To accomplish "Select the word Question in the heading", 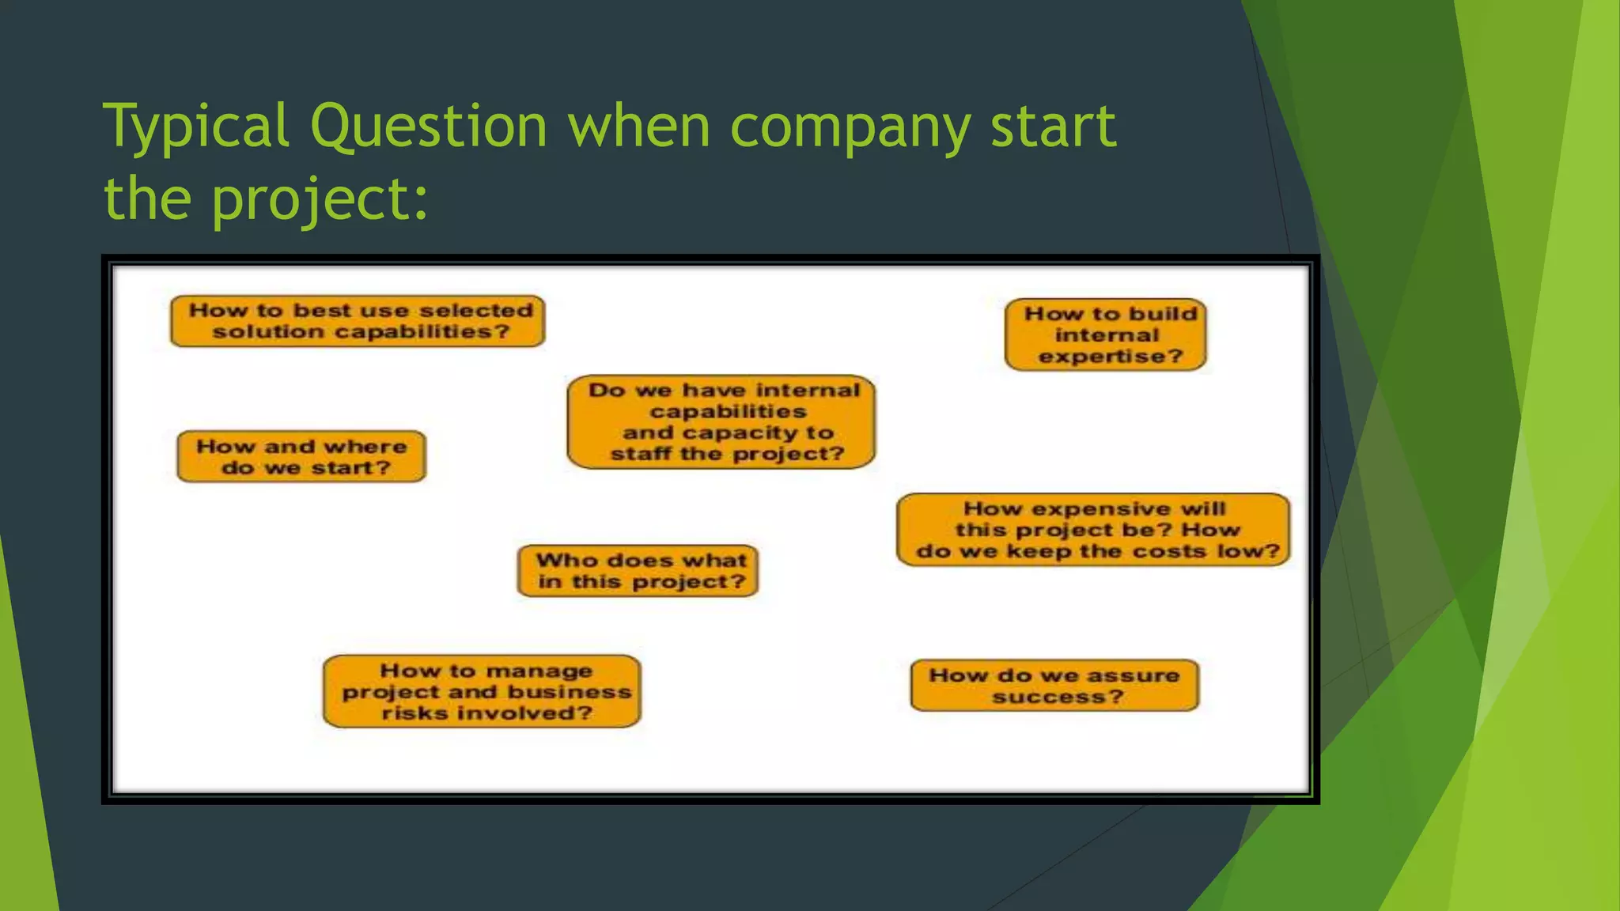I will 428,127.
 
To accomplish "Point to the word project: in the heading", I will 320,198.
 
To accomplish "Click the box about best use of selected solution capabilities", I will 358,321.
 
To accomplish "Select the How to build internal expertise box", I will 1105,335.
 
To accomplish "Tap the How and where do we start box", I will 301,456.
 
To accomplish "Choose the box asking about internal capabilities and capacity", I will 721,421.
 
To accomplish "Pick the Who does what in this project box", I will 638,571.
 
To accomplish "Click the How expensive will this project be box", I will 1093,530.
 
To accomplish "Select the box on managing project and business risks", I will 482,691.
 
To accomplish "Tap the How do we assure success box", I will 1054,686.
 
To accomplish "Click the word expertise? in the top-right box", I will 1111,357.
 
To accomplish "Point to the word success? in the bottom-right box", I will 1058,697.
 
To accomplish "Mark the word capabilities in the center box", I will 729,412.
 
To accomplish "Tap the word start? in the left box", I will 351,468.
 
